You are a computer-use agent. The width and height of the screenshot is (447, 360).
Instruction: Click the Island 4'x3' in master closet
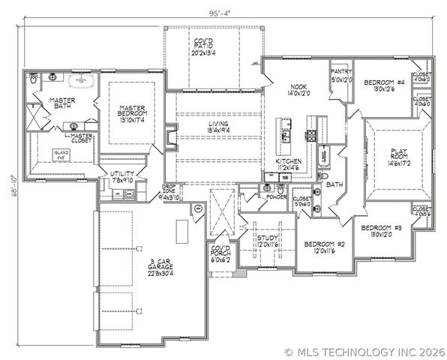point(62,154)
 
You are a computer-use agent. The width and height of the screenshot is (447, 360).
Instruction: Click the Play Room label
point(396,154)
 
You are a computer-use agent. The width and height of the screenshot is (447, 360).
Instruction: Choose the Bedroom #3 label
point(381,231)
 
